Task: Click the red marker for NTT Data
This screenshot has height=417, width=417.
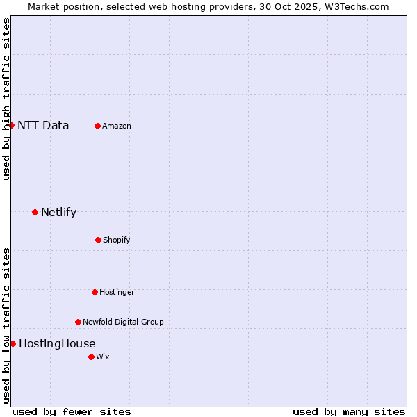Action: (x=12, y=125)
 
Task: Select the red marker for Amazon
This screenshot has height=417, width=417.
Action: (x=97, y=126)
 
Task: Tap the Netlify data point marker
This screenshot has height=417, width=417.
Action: (x=35, y=212)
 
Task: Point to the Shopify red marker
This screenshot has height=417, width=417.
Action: (x=98, y=240)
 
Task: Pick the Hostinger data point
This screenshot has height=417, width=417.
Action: (x=95, y=292)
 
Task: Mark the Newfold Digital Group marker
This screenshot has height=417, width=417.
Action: (x=78, y=322)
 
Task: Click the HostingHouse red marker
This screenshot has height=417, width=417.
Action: (x=13, y=343)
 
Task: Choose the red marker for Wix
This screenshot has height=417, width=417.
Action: (x=91, y=357)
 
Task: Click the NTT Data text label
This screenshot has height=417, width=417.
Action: (x=43, y=126)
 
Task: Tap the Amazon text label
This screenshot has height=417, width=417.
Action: (x=117, y=126)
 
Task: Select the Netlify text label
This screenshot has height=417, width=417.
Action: (x=58, y=213)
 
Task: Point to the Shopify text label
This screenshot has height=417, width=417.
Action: (x=117, y=240)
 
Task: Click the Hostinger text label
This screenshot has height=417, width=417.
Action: (x=117, y=293)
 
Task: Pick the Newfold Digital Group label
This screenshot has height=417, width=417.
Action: (x=123, y=322)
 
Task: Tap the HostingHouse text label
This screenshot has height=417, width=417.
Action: (x=57, y=344)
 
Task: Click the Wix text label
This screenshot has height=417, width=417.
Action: (x=103, y=357)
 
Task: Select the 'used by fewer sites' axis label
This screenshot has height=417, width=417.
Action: (x=72, y=412)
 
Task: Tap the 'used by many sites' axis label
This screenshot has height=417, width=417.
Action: (x=349, y=412)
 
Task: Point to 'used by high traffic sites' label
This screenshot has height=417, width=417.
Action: (x=7, y=99)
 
